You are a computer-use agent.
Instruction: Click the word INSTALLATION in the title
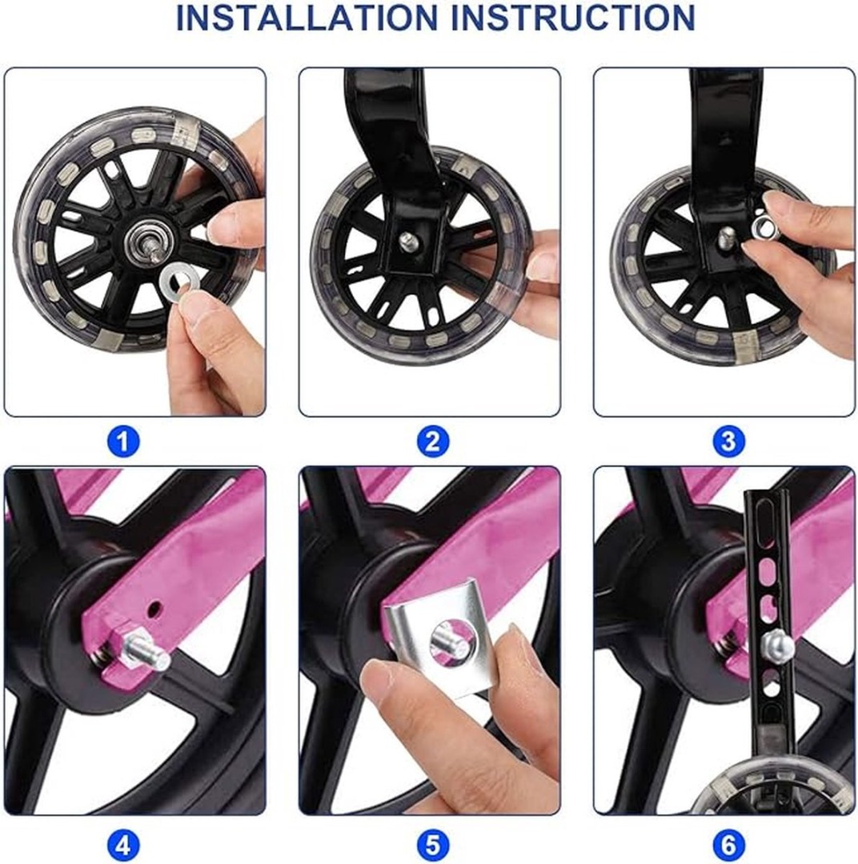(306, 18)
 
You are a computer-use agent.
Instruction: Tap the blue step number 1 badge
(123, 442)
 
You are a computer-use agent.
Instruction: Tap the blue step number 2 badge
(433, 442)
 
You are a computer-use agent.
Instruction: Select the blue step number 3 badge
(728, 442)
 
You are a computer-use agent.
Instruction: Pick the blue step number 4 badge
(123, 845)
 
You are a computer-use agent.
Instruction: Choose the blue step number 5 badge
(433, 845)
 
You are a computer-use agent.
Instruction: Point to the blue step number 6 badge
(728, 845)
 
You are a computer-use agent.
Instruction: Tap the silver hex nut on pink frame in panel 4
(121, 640)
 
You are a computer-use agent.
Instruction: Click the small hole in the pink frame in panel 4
(156, 608)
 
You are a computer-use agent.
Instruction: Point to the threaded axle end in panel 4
(149, 652)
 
